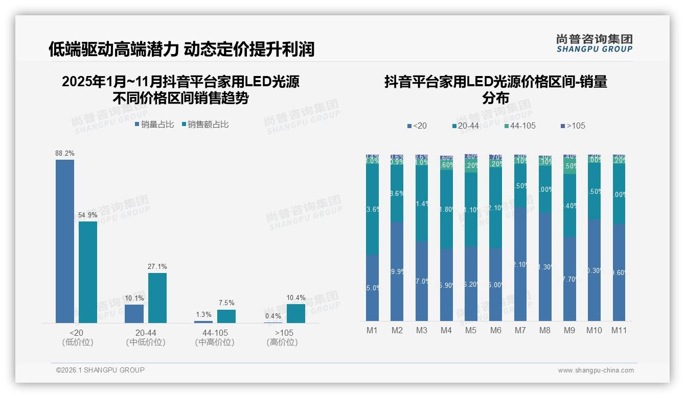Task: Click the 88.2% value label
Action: [x=65, y=153]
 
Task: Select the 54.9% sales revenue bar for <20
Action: [x=88, y=271]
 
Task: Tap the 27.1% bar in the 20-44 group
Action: [x=157, y=297]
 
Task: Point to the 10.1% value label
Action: [x=134, y=298]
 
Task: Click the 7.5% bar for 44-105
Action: [x=226, y=316]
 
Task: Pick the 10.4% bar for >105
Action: [x=296, y=313]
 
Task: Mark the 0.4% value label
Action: [x=273, y=316]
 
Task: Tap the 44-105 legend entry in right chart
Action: [x=519, y=126]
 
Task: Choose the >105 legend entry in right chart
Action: [x=573, y=126]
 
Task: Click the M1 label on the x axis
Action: [x=372, y=330]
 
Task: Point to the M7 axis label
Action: [x=520, y=330]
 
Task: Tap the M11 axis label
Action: [x=620, y=330]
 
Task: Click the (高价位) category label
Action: [x=282, y=342]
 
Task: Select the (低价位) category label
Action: [x=78, y=342]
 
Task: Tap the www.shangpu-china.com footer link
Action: [x=596, y=370]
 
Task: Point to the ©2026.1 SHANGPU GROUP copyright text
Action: [x=100, y=370]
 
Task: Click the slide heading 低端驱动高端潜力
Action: [x=113, y=49]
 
